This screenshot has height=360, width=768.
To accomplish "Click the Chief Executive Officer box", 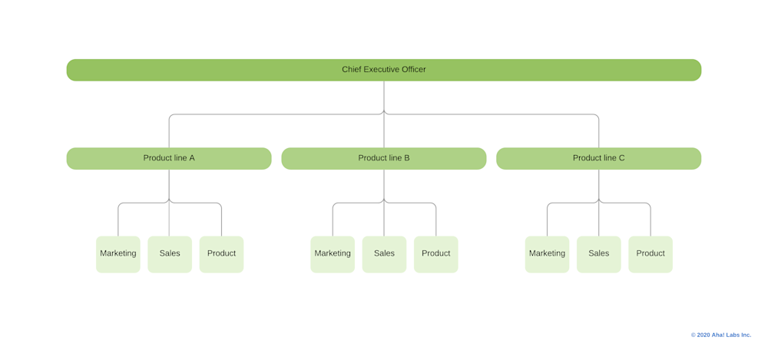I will [383, 70].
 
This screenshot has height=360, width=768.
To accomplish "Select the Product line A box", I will [169, 158].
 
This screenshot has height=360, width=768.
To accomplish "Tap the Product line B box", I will [383, 158].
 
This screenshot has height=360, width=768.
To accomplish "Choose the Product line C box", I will [598, 158].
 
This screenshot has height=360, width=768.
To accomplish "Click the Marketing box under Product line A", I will [118, 254].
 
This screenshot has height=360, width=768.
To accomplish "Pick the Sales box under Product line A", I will [170, 254].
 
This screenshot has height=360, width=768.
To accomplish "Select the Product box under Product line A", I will [221, 254].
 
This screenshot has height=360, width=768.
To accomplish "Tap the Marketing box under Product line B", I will [333, 254].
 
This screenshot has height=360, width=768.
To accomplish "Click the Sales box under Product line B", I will [384, 254].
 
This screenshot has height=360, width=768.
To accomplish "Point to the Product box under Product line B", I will [435, 254].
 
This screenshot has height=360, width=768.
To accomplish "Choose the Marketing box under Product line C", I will [547, 254].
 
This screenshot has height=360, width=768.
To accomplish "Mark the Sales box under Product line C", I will [598, 254].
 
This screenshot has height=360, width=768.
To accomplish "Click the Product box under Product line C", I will [650, 254].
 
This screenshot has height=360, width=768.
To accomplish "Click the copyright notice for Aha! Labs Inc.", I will [720, 335].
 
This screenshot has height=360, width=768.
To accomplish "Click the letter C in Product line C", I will [621, 158].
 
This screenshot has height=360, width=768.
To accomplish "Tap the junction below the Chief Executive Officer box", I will [384, 114].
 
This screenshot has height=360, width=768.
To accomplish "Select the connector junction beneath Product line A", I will [169, 203].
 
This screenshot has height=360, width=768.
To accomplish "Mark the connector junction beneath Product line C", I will [599, 203].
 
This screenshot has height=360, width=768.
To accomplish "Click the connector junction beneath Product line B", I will [384, 203].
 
